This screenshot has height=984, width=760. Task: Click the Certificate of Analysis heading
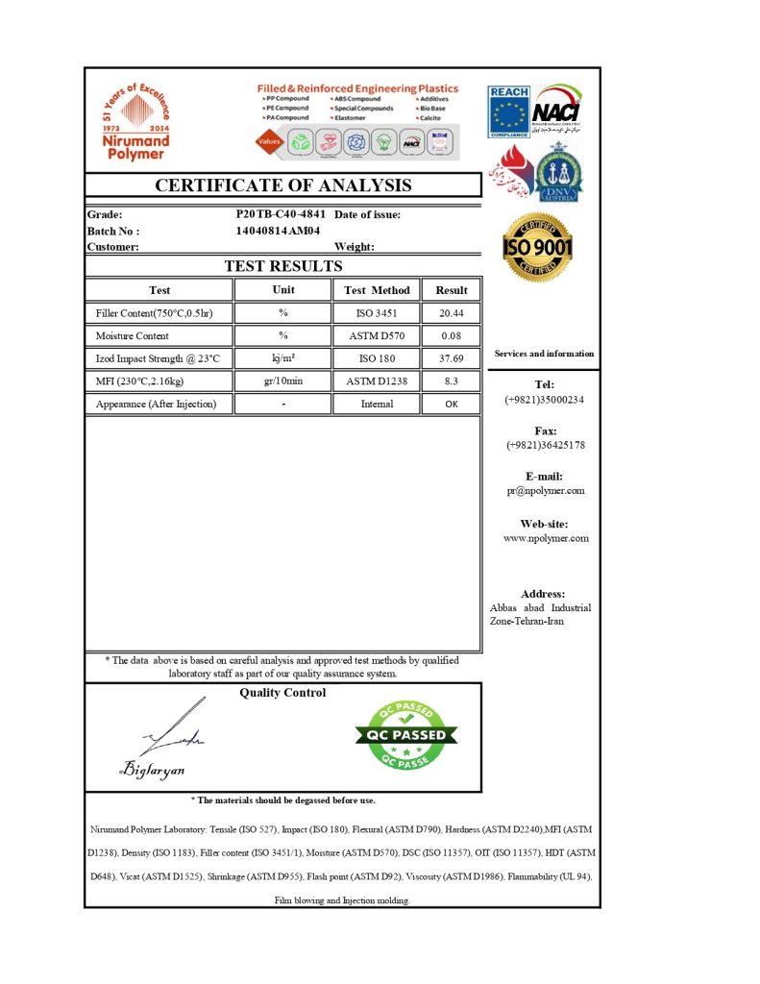click(283, 185)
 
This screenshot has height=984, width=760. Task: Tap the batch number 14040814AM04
click(278, 231)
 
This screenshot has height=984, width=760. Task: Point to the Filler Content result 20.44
click(452, 313)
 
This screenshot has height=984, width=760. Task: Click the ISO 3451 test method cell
click(377, 313)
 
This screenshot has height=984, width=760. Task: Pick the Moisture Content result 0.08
click(452, 336)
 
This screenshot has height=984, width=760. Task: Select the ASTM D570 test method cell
click(377, 336)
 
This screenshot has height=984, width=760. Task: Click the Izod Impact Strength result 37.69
click(452, 358)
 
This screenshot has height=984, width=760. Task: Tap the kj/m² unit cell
click(283, 358)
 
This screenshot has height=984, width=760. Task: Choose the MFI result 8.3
click(452, 381)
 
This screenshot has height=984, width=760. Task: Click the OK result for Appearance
click(452, 405)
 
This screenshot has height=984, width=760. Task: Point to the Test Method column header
click(377, 290)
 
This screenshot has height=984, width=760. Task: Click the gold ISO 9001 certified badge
click(538, 248)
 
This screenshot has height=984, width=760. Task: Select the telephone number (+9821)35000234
click(545, 400)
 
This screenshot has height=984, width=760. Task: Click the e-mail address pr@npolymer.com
click(545, 491)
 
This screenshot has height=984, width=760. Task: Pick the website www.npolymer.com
click(545, 539)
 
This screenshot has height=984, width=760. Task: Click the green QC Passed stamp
click(406, 735)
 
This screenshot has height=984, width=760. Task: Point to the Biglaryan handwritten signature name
click(154, 770)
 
